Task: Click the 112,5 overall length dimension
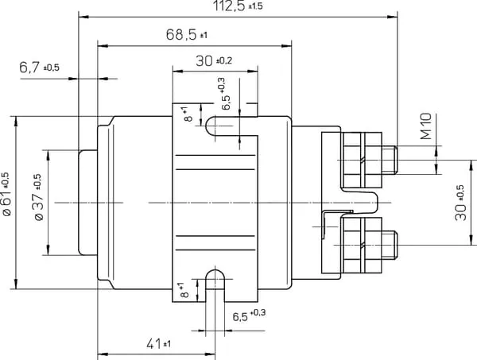coord(238,6)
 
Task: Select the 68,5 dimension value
coord(187,35)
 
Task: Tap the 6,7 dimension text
coord(39,68)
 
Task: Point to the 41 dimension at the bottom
coord(158,344)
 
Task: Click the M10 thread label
coord(426,126)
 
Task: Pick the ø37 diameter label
coord(38,197)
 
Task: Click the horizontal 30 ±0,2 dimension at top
coord(214,61)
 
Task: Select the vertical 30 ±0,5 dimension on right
coord(460,203)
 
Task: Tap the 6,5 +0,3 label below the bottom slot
coord(249,315)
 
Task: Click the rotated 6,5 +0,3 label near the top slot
coord(223,94)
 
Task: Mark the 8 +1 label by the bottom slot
coord(184,290)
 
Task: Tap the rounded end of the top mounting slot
coord(211,126)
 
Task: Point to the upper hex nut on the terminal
coord(362,160)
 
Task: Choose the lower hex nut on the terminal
coord(362,245)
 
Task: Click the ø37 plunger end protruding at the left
coord(88,203)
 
